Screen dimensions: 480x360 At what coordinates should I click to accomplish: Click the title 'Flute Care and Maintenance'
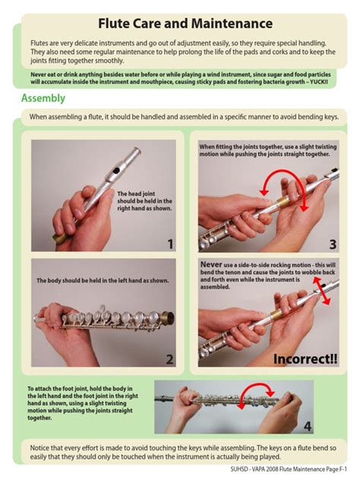(x=185, y=24)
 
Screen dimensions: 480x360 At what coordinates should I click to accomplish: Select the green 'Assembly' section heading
(x=43, y=98)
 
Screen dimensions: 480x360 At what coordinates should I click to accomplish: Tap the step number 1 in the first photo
(x=170, y=244)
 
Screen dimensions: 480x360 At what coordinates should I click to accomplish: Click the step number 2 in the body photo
(x=170, y=360)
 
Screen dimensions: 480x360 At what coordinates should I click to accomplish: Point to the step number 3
(x=333, y=244)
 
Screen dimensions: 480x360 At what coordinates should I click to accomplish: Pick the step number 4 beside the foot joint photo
(x=308, y=426)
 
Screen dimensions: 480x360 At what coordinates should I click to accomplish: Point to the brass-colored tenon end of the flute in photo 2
(x=166, y=317)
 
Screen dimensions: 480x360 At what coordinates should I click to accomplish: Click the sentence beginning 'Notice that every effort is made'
(x=182, y=452)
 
